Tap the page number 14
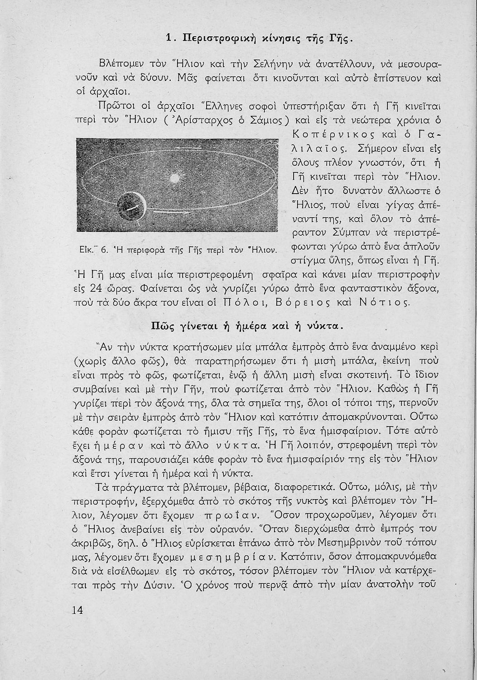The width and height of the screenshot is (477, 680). pos(77,610)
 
